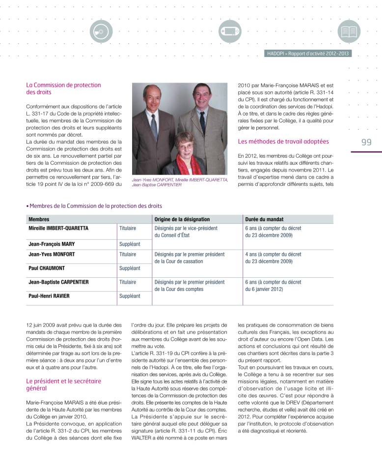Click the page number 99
(366, 142)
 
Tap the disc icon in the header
(102, 31)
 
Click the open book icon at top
(349, 31)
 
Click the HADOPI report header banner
(308, 54)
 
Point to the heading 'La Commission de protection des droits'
(63, 88)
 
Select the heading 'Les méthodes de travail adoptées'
(283, 142)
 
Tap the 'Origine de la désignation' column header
(182, 219)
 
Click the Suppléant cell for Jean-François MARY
(130, 244)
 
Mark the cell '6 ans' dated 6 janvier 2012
(273, 286)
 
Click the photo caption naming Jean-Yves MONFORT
(180, 182)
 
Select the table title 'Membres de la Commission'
(95, 206)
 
